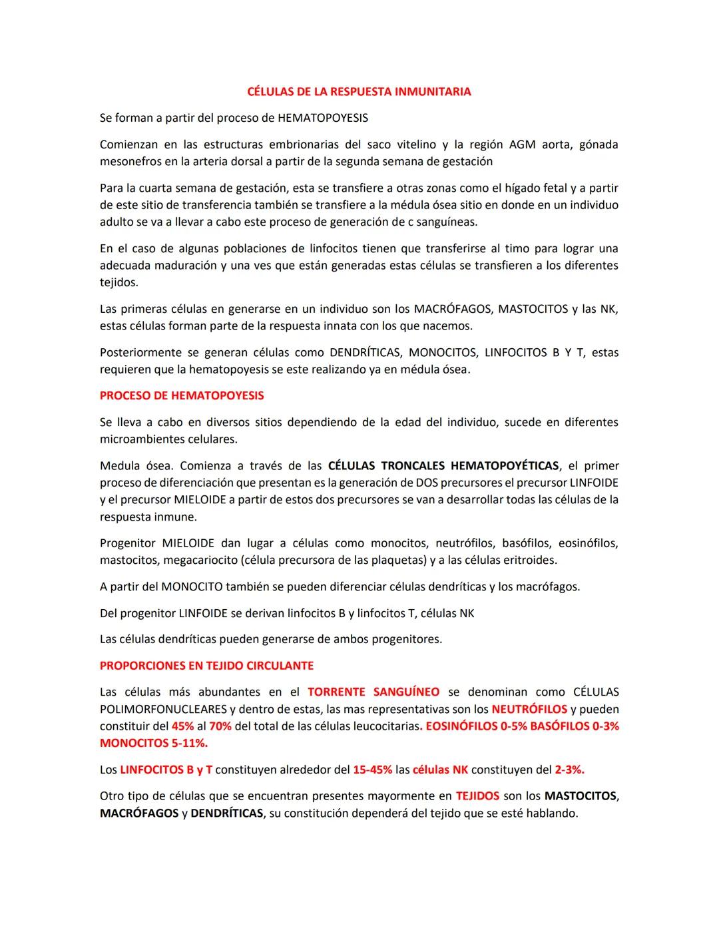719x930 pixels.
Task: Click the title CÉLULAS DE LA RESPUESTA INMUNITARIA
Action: (359, 92)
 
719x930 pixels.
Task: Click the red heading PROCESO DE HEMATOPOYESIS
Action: (182, 395)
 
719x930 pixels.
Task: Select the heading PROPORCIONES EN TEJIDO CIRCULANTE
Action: (206, 666)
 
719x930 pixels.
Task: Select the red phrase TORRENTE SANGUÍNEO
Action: (373, 692)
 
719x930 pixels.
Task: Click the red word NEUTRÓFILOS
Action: (529, 710)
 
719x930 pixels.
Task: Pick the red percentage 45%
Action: (182, 726)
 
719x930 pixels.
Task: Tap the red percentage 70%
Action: (220, 726)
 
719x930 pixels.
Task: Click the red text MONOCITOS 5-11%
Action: (154, 743)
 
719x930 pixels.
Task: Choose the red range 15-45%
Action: (372, 770)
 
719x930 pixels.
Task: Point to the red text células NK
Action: (440, 770)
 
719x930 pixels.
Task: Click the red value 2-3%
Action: (569, 770)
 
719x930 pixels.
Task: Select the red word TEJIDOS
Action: (477, 796)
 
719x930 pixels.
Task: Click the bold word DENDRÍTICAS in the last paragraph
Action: (226, 814)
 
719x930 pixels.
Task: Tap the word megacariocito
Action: (198, 561)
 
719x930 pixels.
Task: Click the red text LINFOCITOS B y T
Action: (166, 770)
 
